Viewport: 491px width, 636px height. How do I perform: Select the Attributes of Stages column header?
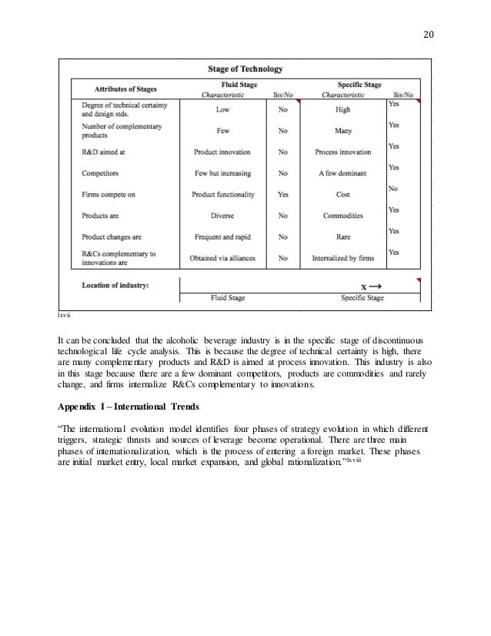click(x=124, y=89)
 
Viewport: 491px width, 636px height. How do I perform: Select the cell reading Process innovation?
click(x=342, y=152)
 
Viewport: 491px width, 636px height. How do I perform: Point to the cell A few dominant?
click(x=342, y=174)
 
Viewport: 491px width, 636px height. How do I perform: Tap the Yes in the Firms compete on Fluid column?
click(x=282, y=196)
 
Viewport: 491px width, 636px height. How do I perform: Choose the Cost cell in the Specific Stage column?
click(x=342, y=196)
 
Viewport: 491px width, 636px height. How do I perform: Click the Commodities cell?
click(x=342, y=216)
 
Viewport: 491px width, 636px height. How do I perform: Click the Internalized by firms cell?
click(x=342, y=259)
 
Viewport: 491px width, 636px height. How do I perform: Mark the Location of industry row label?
click(x=115, y=285)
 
